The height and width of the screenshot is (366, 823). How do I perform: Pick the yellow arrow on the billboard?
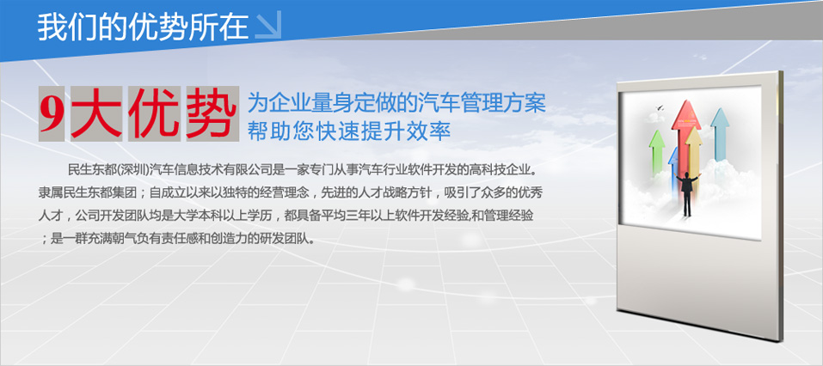[694, 152]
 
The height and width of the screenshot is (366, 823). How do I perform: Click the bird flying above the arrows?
[660, 108]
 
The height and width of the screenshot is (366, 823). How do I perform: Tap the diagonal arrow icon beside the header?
[268, 25]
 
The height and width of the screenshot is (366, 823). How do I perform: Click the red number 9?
[52, 113]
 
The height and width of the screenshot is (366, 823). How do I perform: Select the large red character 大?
[96, 113]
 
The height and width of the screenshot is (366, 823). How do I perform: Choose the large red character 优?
[154, 113]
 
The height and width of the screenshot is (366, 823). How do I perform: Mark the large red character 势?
[212, 113]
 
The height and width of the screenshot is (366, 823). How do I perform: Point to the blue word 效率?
[433, 131]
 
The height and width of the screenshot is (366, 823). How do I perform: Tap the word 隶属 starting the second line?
[50, 193]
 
